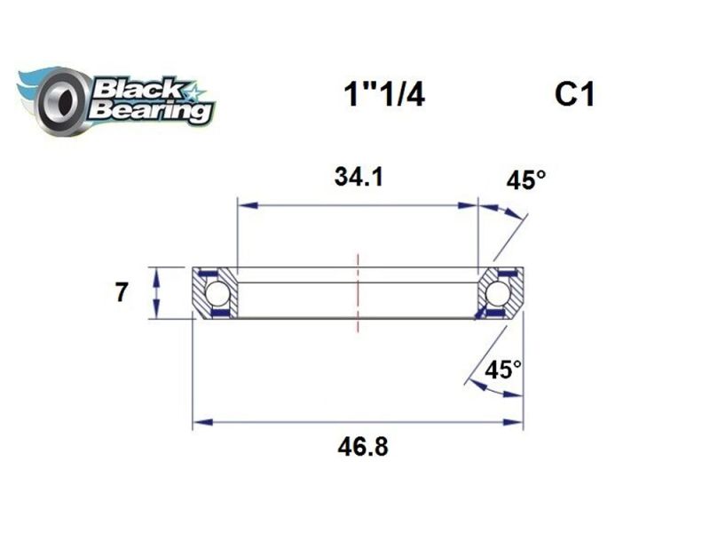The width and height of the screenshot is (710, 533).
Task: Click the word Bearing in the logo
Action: pos(150,112)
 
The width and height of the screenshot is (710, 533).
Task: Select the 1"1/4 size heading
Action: pos(383,95)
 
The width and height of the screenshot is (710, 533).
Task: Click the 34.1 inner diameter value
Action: pos(359,177)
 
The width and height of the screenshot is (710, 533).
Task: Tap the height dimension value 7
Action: pos(121,292)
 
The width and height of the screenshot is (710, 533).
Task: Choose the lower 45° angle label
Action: pos(503,369)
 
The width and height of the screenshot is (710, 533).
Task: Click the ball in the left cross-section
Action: pos(217,293)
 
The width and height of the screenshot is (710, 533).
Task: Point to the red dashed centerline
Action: pos(359,293)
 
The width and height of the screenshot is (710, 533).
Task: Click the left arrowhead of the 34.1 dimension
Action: pos(246,205)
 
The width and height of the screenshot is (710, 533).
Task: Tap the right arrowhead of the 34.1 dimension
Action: pos(469,205)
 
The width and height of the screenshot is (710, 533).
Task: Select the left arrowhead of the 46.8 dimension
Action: pos(202,422)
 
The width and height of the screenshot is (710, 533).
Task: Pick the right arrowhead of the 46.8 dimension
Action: pos(514,422)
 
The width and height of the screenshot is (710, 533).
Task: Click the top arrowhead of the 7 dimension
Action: pos(156,273)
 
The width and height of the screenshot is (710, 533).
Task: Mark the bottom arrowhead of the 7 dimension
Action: pos(156,312)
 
